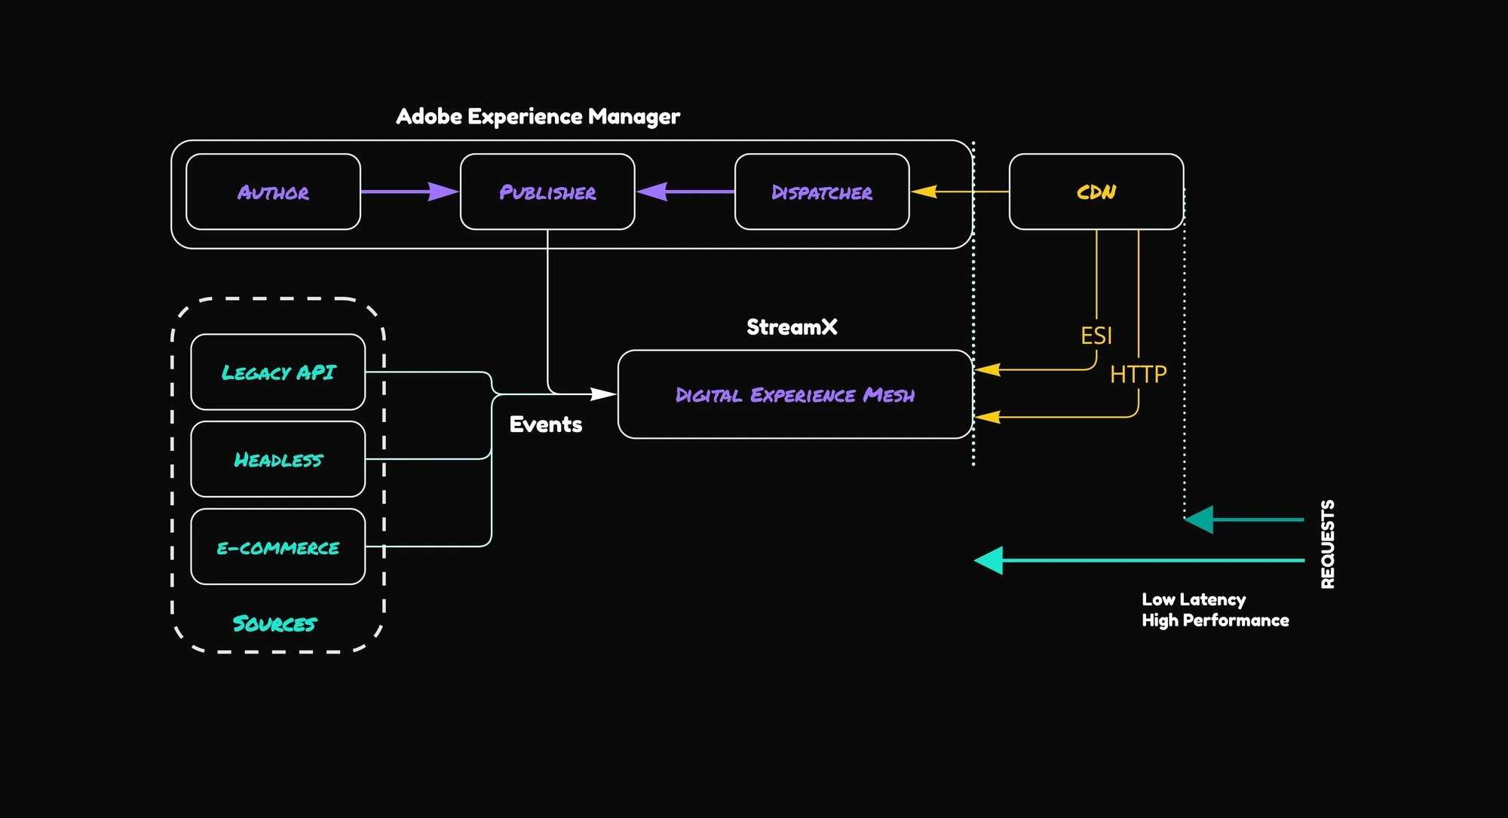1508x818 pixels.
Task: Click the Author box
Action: pyautogui.click(x=273, y=191)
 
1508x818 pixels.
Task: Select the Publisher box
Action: pyautogui.click(x=547, y=191)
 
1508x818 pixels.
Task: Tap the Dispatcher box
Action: pyautogui.click(x=822, y=191)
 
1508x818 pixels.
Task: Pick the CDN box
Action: pyautogui.click(x=1096, y=191)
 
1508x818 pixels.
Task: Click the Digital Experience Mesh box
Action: pyautogui.click(x=795, y=394)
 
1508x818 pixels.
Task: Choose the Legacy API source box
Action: pyautogui.click(x=278, y=372)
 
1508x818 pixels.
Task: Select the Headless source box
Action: pyautogui.click(x=278, y=459)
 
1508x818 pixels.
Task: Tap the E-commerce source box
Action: pyautogui.click(x=278, y=547)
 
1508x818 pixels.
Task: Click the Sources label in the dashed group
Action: pyautogui.click(x=274, y=623)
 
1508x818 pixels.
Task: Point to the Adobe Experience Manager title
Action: pyautogui.click(x=538, y=116)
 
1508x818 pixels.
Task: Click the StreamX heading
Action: pyautogui.click(x=792, y=326)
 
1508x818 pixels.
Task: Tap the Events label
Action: pyautogui.click(x=546, y=424)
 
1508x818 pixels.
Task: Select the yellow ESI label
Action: pyautogui.click(x=1096, y=335)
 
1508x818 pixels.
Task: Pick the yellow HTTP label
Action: pyautogui.click(x=1138, y=374)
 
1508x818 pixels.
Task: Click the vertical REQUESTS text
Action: pyautogui.click(x=1328, y=544)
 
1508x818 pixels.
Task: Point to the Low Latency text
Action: pyautogui.click(x=1194, y=599)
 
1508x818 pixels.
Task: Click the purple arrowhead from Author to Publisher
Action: pyautogui.click(x=443, y=191)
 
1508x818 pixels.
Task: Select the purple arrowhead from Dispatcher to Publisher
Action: pyautogui.click(x=652, y=191)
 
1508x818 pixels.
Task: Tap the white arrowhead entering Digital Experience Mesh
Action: pyautogui.click(x=603, y=394)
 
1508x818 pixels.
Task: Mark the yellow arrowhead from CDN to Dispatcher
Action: pyautogui.click(x=924, y=191)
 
